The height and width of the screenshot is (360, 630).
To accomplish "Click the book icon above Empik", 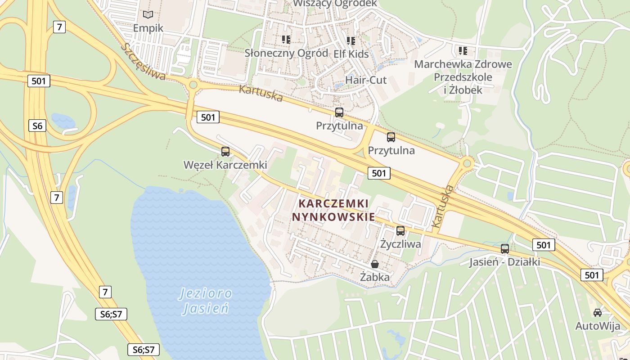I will point(148,14).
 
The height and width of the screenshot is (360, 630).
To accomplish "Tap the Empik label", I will point(148,28).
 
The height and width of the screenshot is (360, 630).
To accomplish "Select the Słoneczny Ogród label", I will point(286,53).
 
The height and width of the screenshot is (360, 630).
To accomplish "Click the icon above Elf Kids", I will point(351,41).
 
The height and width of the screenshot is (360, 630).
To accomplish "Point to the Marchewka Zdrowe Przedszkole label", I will point(463,76).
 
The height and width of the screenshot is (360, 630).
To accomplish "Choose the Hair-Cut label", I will point(366,80).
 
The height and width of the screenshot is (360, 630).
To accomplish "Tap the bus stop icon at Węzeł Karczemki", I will point(225,152).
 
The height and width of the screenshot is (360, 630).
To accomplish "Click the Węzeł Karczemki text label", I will point(225,165).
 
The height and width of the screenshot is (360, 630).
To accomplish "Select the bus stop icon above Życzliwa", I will point(400,231).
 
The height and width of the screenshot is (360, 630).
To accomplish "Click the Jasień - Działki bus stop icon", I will point(505,249).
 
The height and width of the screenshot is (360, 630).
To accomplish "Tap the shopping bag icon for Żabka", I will point(375,264).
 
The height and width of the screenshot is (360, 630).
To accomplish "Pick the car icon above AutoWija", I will point(598,313).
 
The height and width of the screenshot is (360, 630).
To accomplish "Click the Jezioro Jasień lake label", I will point(206,301).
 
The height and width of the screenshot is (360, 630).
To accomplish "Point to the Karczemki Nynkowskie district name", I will point(333,210).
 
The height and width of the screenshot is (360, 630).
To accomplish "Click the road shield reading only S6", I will point(37,126).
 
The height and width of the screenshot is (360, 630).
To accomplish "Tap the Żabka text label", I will point(375,277).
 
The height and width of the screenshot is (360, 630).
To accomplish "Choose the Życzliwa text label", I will point(400,244).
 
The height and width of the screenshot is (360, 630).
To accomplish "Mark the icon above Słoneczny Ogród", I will point(286,40).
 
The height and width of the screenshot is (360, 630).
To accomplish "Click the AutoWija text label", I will point(598,326).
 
